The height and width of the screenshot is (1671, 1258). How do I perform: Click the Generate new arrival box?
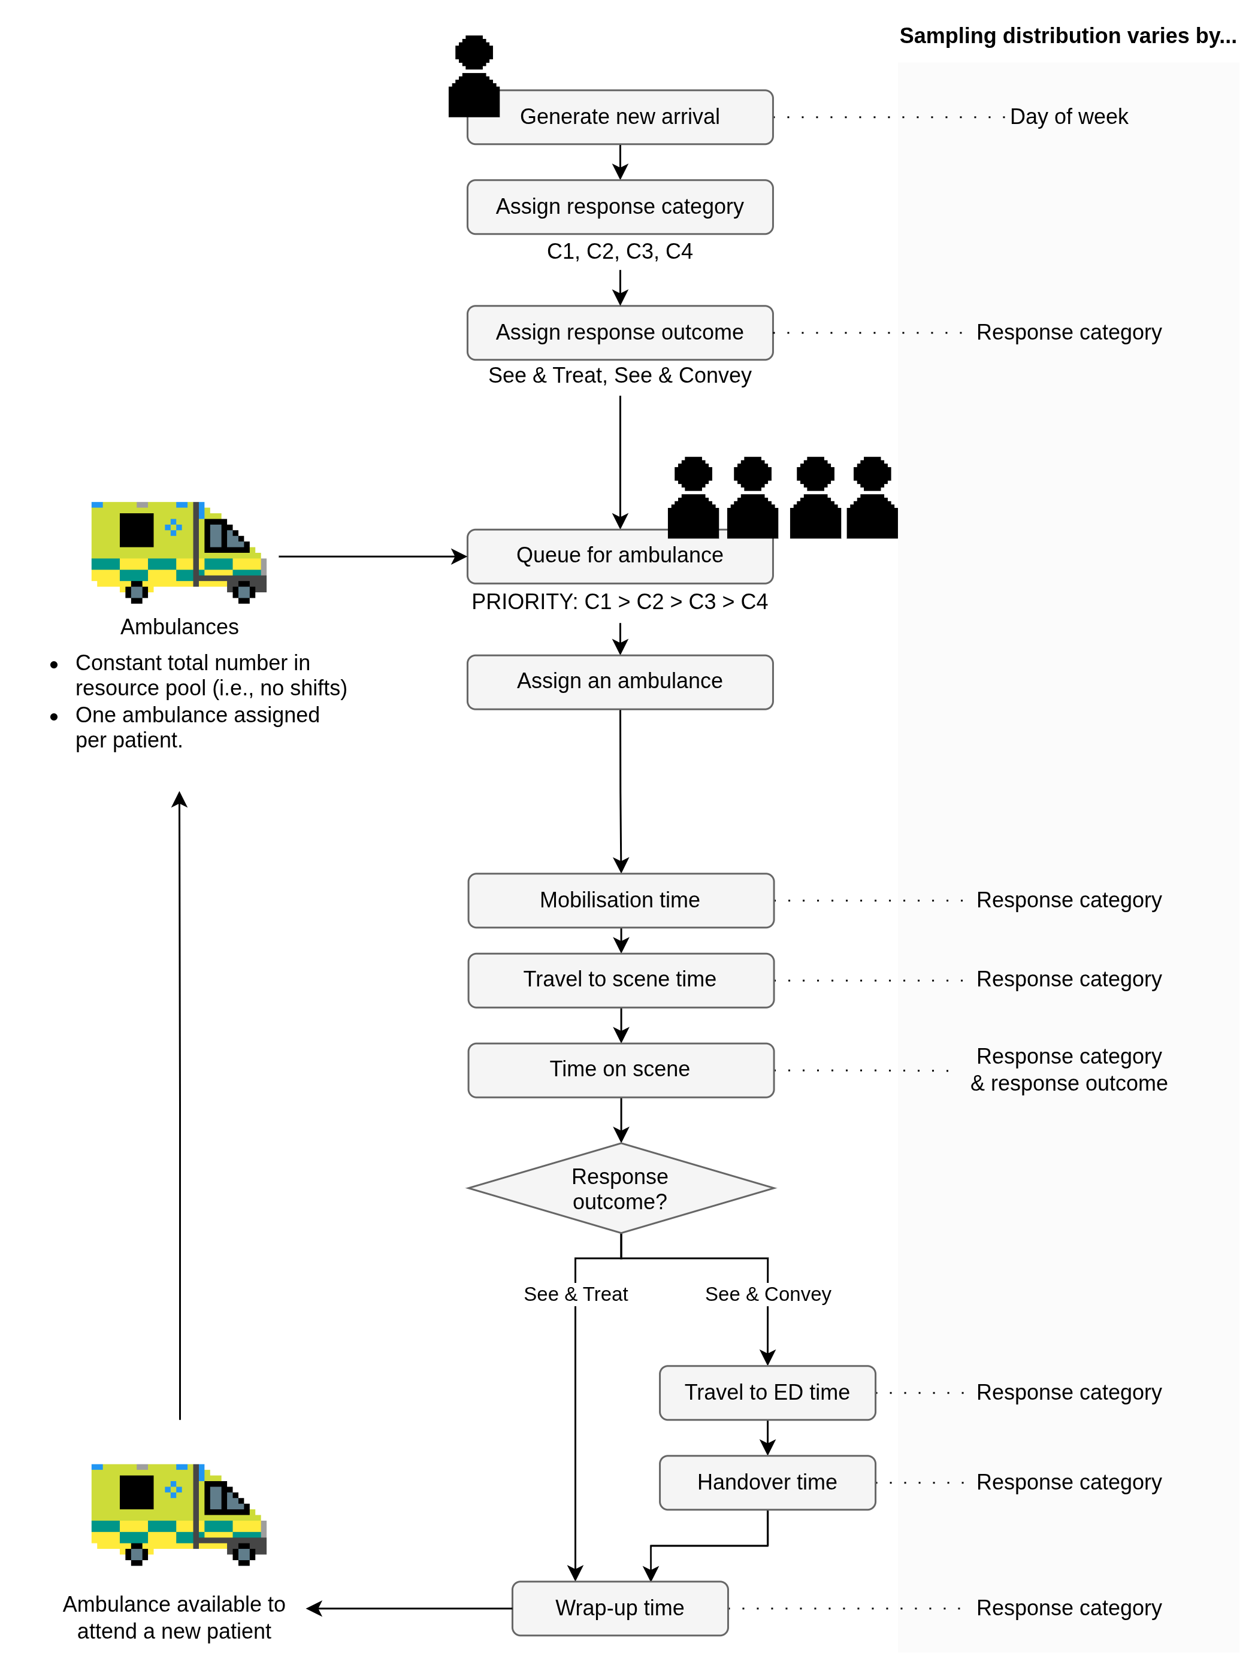coord(619,117)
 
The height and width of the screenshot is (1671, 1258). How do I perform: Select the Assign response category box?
coord(619,207)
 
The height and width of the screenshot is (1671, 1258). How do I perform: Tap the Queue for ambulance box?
coord(619,556)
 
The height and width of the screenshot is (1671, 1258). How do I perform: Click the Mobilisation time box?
coord(620,900)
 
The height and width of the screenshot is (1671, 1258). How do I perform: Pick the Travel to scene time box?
coord(620,980)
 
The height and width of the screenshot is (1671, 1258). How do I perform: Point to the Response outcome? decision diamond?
coord(620,1188)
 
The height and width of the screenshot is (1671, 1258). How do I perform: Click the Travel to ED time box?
coord(767,1392)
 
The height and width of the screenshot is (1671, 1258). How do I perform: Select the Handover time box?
coord(767,1482)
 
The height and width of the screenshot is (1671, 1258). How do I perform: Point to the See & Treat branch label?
coord(575,1294)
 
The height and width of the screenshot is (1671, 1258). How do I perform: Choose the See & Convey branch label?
coord(767,1294)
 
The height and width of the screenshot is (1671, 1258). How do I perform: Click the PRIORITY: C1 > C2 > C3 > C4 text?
coord(619,601)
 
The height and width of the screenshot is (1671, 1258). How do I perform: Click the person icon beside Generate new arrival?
coord(474,75)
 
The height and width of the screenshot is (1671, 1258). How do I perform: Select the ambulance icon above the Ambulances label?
coord(179,552)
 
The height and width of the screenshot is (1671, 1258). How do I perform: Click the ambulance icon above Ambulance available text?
coord(179,1514)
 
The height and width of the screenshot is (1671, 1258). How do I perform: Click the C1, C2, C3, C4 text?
coord(619,252)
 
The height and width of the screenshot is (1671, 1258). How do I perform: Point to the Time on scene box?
coord(620,1070)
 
